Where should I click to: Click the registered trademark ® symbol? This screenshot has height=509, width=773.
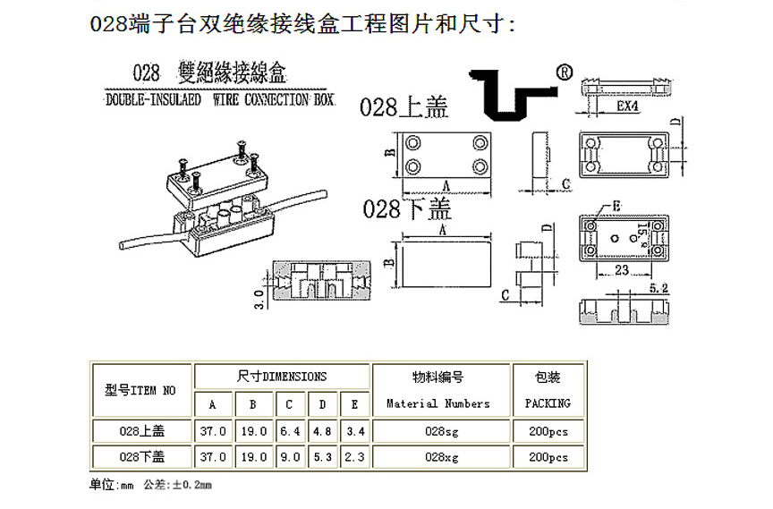coord(565,72)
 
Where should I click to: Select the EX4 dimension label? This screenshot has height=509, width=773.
coord(626,106)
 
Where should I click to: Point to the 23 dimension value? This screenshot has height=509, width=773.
coord(621,268)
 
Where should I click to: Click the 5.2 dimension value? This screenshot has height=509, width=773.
coord(659,287)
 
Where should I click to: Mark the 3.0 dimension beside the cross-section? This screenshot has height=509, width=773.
coord(259,298)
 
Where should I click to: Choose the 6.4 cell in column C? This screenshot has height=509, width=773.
coord(290,431)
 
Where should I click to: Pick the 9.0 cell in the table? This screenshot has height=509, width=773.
coord(290,456)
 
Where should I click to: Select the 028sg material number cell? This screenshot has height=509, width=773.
coord(439,431)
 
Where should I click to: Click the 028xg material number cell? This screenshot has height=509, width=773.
coord(439,456)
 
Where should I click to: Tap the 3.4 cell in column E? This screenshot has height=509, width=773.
coord(354,431)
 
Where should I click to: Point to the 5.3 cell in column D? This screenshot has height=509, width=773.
coord(322,456)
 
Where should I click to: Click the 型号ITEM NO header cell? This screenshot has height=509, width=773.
coord(140,390)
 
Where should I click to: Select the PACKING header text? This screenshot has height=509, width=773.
coord(547,403)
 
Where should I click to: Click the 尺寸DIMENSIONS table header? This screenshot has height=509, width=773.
coord(282,377)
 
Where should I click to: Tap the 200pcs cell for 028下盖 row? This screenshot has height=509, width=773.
coord(547,456)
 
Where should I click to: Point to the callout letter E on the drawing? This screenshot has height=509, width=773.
coord(616,208)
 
